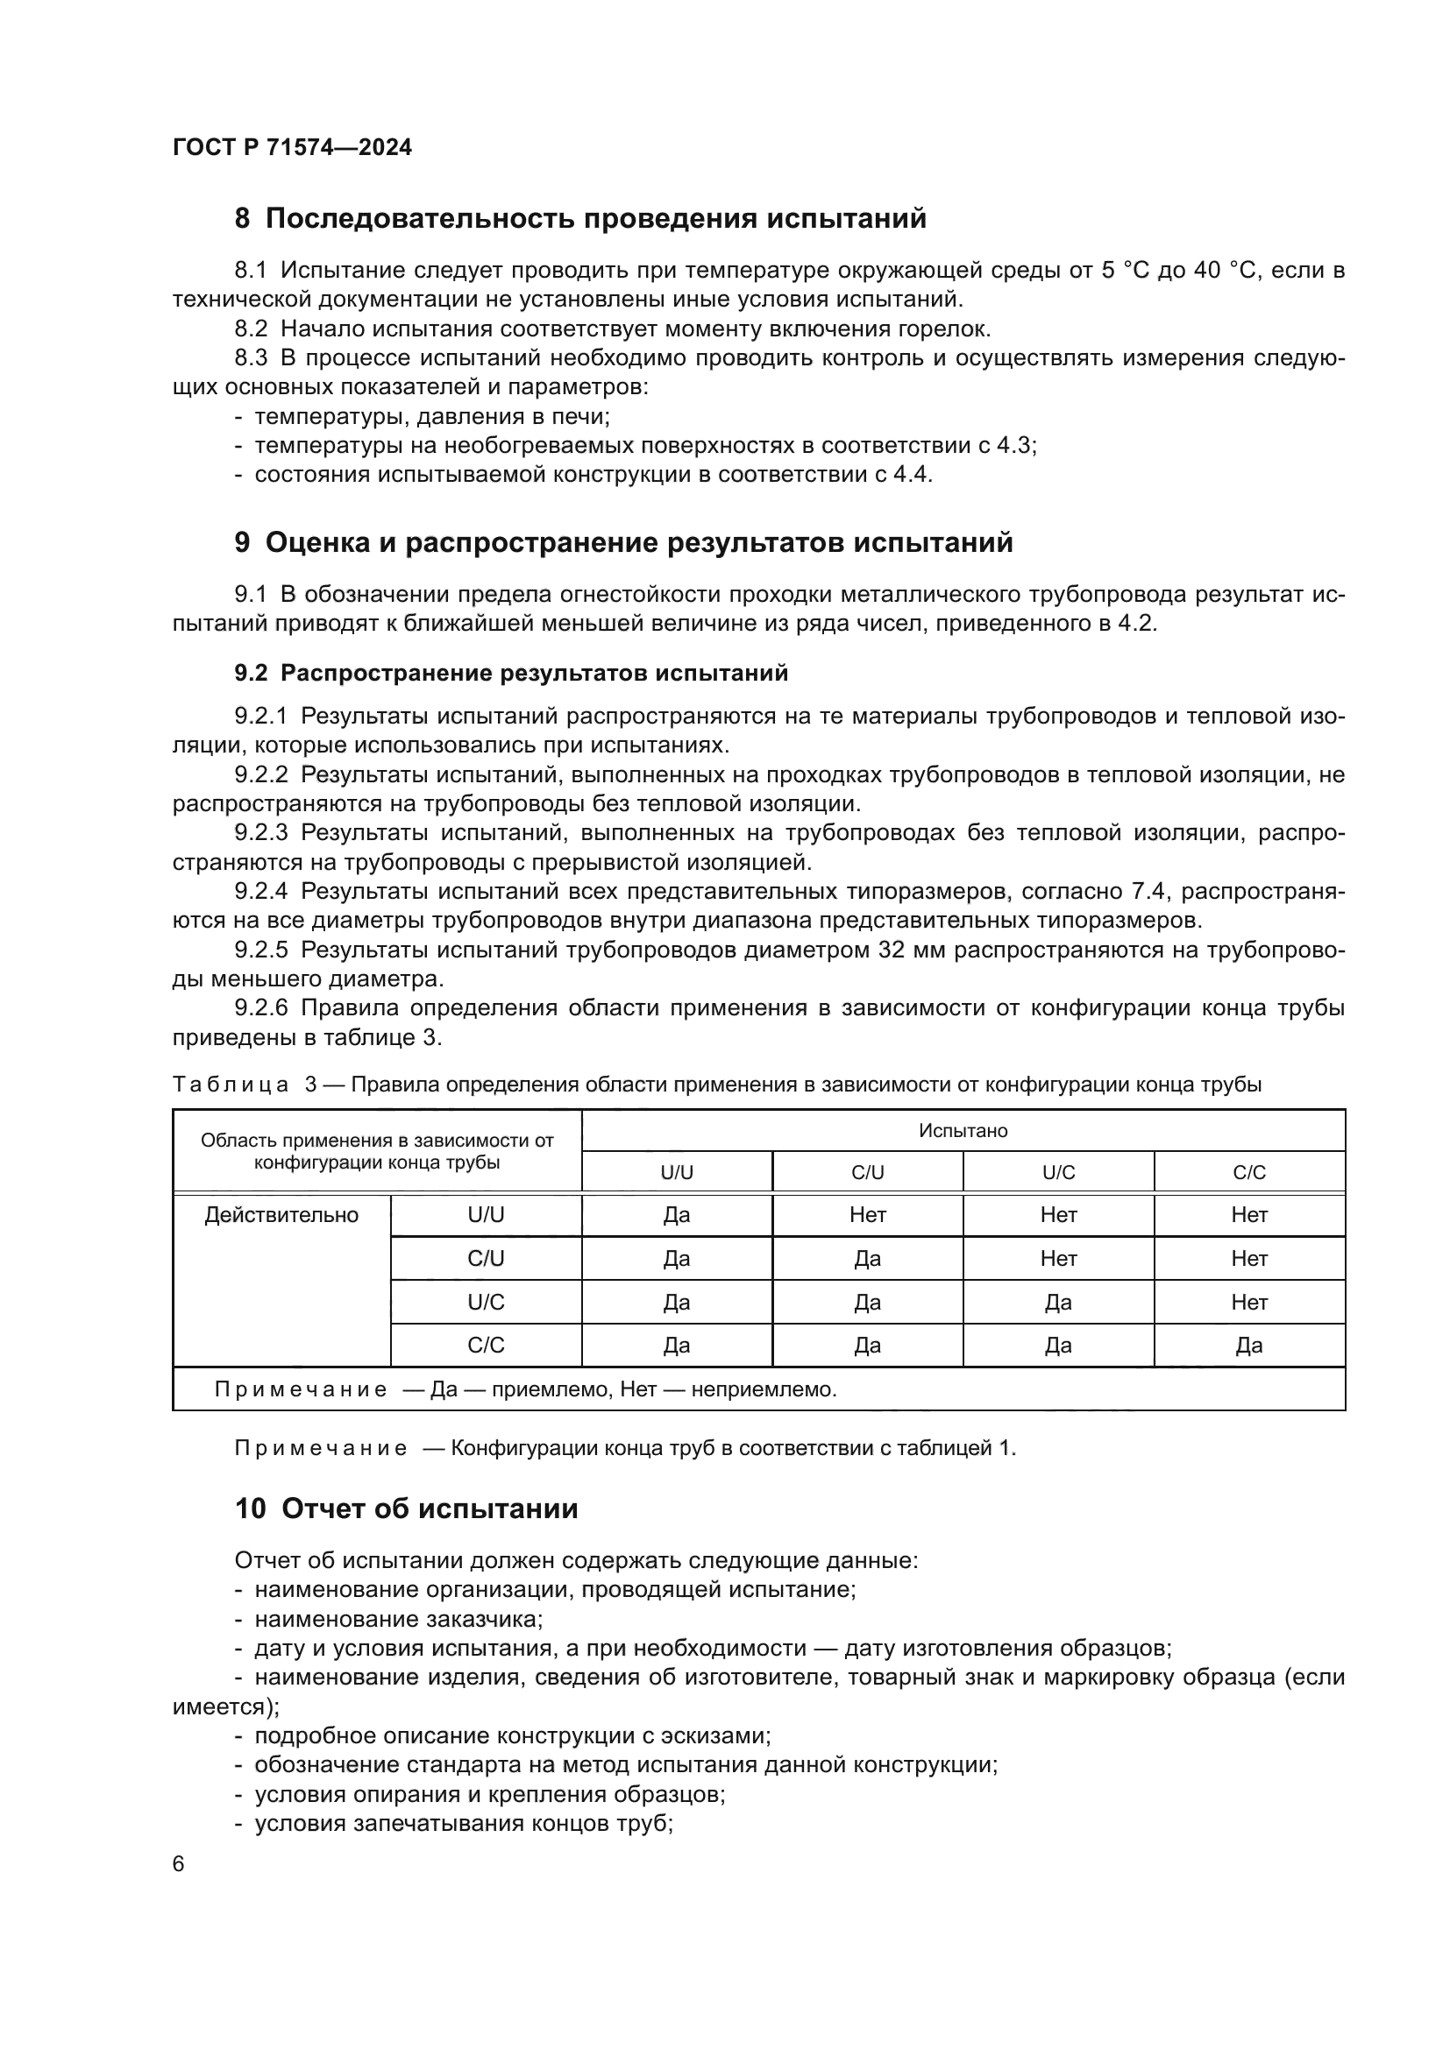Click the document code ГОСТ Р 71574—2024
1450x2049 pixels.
click(x=292, y=147)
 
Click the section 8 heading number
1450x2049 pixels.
click(x=242, y=219)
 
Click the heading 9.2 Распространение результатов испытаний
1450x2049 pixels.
click(x=511, y=673)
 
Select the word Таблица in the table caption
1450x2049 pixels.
click(x=231, y=1085)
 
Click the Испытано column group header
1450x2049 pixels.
click(x=963, y=1131)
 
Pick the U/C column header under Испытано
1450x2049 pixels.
click(x=1058, y=1173)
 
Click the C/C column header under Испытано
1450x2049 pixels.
click(x=1249, y=1173)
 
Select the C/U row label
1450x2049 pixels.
click(x=486, y=1258)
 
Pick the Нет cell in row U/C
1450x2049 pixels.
click(x=1249, y=1302)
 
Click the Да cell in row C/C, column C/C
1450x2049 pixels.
click(x=1249, y=1346)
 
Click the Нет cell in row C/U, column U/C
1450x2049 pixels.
click(x=1058, y=1258)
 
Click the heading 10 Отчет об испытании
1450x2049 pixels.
click(x=406, y=1509)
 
